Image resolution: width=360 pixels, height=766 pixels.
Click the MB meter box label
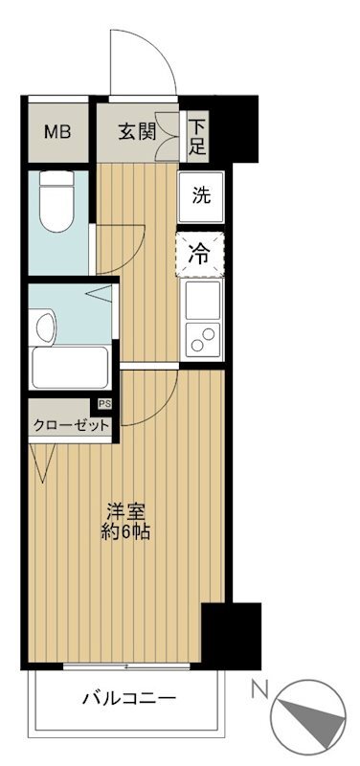click(x=57, y=131)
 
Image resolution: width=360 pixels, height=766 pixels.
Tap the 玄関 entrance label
click(x=135, y=132)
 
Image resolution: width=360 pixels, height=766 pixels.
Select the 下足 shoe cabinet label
click(x=197, y=135)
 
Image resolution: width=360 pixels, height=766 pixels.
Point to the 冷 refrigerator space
click(x=201, y=254)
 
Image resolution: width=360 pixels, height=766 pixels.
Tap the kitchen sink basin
click(x=203, y=304)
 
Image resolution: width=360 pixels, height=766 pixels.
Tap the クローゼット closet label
click(x=71, y=426)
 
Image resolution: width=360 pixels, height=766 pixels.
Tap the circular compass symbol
click(x=305, y=724)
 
